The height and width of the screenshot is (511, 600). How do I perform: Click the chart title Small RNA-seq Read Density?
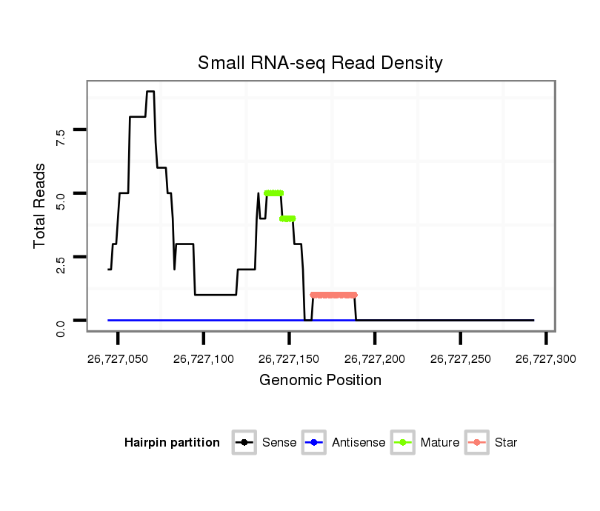pyautogui.click(x=320, y=63)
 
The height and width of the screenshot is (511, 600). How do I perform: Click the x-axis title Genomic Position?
pyautogui.click(x=320, y=381)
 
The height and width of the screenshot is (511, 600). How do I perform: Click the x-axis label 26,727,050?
pyautogui.click(x=118, y=359)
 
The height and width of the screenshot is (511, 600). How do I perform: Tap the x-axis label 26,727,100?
pyautogui.click(x=204, y=359)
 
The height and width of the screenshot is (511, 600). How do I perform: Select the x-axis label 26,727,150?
pyautogui.click(x=290, y=359)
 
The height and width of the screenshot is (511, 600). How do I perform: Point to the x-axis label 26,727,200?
pyautogui.click(x=375, y=359)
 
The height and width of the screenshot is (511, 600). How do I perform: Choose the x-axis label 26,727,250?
pyautogui.click(x=461, y=359)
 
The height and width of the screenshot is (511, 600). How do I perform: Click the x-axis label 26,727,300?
pyautogui.click(x=546, y=359)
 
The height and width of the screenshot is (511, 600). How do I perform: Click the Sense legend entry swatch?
pyautogui.click(x=244, y=443)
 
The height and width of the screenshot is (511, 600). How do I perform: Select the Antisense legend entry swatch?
pyautogui.click(x=313, y=443)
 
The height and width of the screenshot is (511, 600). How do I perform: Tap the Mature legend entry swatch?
pyautogui.click(x=402, y=443)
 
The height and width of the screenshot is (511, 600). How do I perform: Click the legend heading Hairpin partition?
pyautogui.click(x=172, y=443)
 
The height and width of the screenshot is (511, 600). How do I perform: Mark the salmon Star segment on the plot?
pyautogui.click(x=334, y=295)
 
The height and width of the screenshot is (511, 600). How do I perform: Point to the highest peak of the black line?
pyautogui.click(x=150, y=92)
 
